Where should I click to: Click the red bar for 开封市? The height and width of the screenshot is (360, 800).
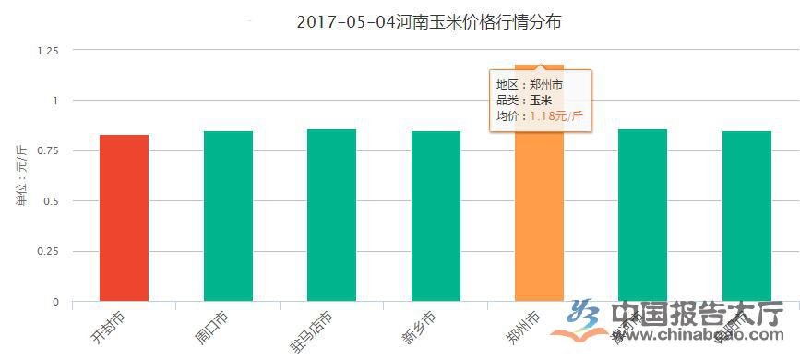coord(125,218)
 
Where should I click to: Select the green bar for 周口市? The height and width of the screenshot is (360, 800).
coord(228,216)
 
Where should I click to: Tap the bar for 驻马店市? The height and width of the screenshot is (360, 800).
coord(331,215)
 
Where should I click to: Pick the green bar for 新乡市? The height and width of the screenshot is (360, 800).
coord(436,216)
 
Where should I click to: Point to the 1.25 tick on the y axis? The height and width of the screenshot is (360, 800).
coord(47,50)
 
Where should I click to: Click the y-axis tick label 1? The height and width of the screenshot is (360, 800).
coord(54,100)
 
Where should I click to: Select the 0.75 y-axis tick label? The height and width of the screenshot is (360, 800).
coord(47,150)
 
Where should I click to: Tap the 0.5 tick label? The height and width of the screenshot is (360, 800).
coord(50,201)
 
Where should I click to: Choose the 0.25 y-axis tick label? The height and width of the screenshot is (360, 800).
coord(47,251)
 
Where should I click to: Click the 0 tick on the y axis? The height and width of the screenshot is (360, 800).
coord(54,302)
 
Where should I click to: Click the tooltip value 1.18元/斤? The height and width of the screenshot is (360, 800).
coord(555,116)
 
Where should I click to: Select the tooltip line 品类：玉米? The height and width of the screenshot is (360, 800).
coord(524,101)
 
